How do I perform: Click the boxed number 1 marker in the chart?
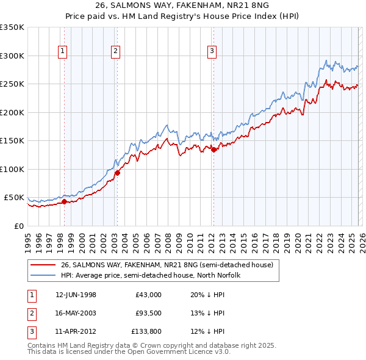[63, 51]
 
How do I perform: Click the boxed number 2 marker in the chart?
[115, 51]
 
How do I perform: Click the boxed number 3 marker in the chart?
[212, 51]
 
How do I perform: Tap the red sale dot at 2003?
[117, 173]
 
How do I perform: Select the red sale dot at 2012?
[213, 149]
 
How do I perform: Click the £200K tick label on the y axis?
[12, 112]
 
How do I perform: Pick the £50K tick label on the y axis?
[14, 198]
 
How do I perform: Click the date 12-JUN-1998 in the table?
[76, 295]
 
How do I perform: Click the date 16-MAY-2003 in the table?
[76, 313]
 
